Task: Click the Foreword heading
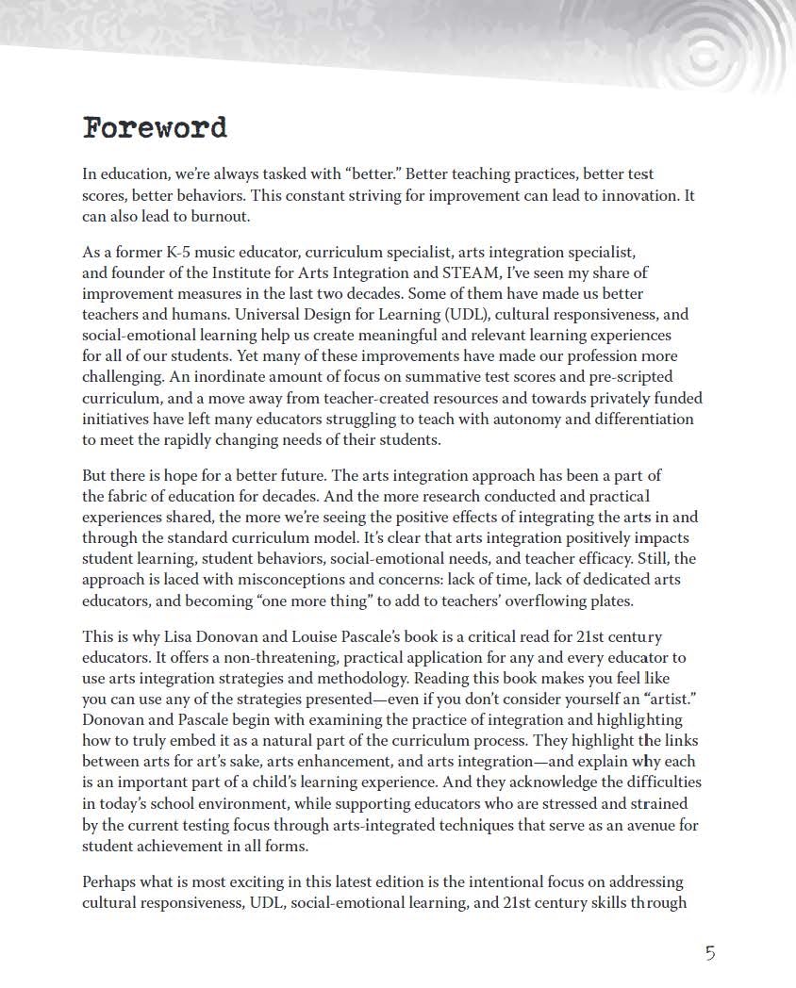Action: (155, 127)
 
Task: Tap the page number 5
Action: (710, 952)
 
